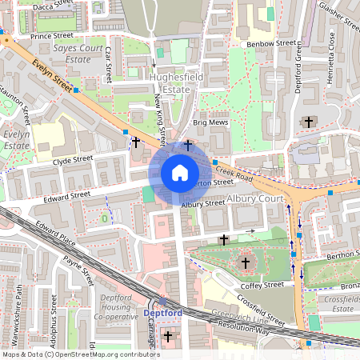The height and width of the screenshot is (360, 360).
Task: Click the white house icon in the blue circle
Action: (x=180, y=173)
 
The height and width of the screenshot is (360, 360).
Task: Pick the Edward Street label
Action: (x=66, y=194)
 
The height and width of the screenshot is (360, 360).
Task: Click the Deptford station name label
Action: (x=162, y=313)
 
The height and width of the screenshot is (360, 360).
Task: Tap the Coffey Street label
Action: (x=262, y=285)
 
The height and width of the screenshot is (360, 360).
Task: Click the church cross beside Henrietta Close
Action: (x=309, y=122)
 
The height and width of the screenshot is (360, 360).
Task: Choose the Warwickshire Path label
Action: (x=18, y=315)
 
